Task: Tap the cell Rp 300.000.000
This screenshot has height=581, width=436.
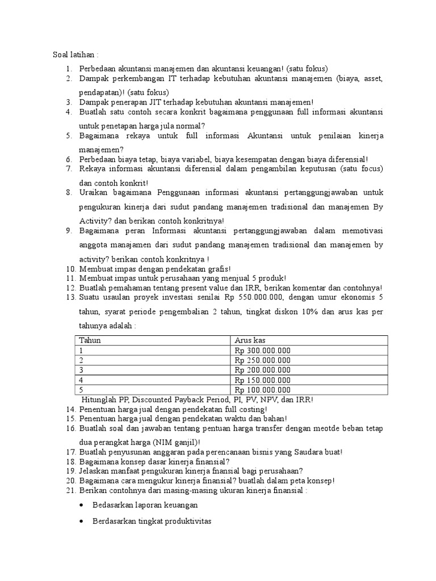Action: coord(262,350)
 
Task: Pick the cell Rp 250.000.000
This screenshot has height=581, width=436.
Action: coord(262,360)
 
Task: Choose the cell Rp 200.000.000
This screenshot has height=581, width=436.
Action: coord(262,370)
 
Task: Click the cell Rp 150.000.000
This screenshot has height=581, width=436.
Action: coord(262,380)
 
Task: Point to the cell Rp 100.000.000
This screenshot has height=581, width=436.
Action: coord(262,390)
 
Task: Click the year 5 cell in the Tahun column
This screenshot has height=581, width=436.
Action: coord(82,390)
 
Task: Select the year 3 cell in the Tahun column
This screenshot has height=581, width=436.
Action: coord(82,370)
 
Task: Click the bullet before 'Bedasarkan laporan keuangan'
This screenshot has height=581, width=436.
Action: coord(83,505)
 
